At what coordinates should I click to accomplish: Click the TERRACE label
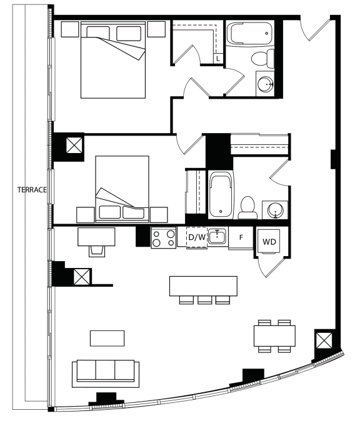pyautogui.click(x=32, y=190)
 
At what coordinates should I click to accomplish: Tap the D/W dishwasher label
pyautogui.click(x=197, y=237)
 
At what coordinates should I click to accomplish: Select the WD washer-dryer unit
pyautogui.click(x=269, y=241)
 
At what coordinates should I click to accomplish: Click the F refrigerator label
pyautogui.click(x=241, y=237)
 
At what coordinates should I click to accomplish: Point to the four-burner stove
pyautogui.click(x=164, y=237)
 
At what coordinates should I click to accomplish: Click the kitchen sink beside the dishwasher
pyautogui.click(x=217, y=236)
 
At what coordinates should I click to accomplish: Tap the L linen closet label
pyautogui.click(x=218, y=58)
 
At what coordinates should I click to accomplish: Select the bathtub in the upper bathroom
pyautogui.click(x=249, y=33)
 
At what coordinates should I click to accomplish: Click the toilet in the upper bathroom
pyautogui.click(x=262, y=58)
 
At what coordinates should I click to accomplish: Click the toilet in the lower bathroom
pyautogui.click(x=247, y=207)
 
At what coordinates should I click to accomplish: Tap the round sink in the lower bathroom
pyautogui.click(x=275, y=210)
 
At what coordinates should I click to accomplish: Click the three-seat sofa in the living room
pyautogui.click(x=106, y=374)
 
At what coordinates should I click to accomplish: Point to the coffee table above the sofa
pyautogui.click(x=107, y=339)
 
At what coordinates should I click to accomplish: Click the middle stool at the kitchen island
pyautogui.click(x=205, y=300)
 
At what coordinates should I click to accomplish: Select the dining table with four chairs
pyautogui.click(x=274, y=336)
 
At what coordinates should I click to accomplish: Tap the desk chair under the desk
pyautogui.click(x=97, y=251)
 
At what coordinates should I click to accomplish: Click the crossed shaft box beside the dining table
pyautogui.click(x=324, y=340)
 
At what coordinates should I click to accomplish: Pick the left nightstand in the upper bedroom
pyautogui.click(x=70, y=29)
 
